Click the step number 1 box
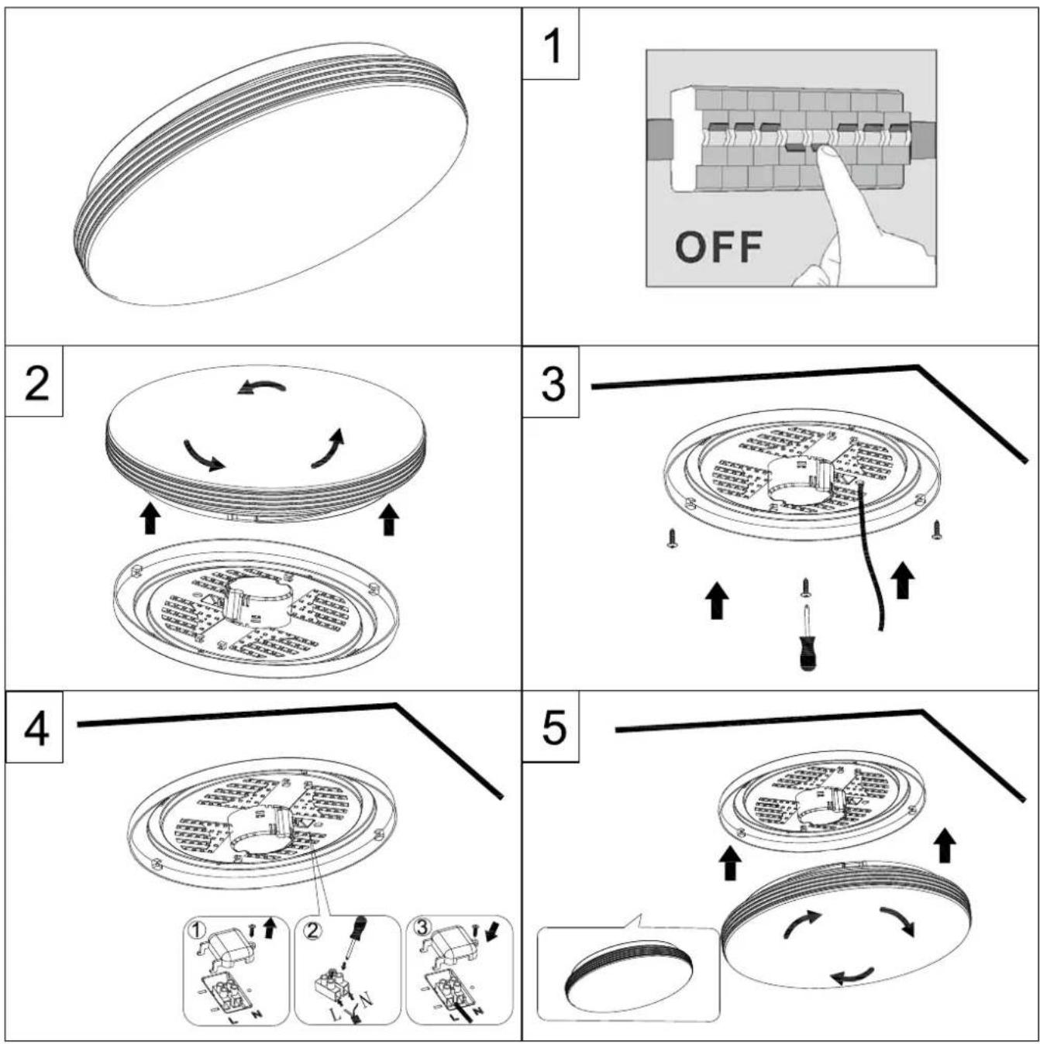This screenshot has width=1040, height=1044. [x=550, y=43]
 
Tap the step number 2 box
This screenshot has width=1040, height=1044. [x=33, y=382]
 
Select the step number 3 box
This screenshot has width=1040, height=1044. [x=550, y=382]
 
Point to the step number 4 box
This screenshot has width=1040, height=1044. [x=33, y=726]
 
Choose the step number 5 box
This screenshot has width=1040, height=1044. [x=550, y=726]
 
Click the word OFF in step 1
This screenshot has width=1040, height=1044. [x=718, y=246]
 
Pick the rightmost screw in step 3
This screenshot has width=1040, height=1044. [x=936, y=529]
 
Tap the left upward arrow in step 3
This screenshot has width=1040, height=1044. [x=718, y=599]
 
